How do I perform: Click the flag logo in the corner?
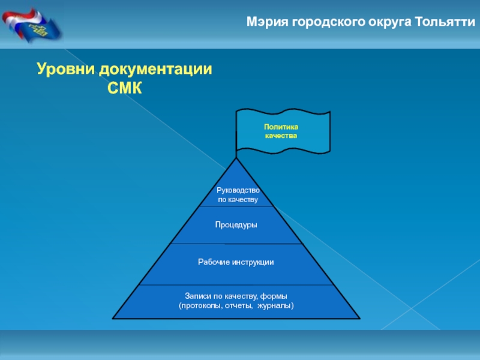(x=31, y=25)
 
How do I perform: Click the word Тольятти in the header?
(x=445, y=22)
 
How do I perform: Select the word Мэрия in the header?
(x=268, y=22)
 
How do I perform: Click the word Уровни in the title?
(x=66, y=69)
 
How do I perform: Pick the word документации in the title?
(x=155, y=70)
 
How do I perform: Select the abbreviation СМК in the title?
(x=125, y=88)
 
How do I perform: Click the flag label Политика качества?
(x=281, y=131)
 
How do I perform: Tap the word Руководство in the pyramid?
(x=238, y=190)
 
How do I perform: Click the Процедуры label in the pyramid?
(x=236, y=225)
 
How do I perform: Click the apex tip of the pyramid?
(x=236, y=158)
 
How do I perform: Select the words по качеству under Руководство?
(x=238, y=200)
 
